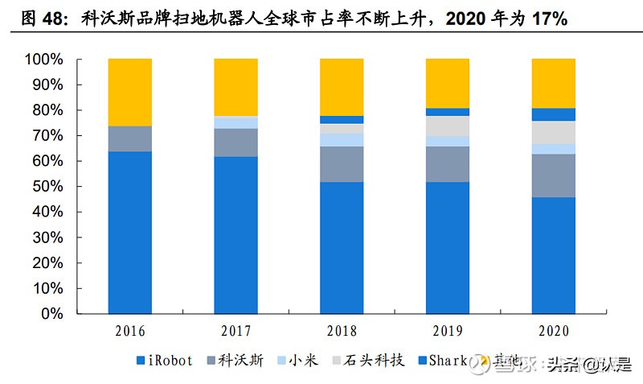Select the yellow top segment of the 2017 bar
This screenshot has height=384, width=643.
pyautogui.click(x=235, y=87)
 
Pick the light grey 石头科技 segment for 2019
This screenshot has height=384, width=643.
pyautogui.click(x=448, y=126)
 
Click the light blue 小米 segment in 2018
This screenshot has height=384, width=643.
pyautogui.click(x=342, y=140)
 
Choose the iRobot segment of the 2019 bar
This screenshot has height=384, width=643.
pyautogui.click(x=448, y=247)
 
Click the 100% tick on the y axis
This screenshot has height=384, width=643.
pyautogui.click(x=44, y=60)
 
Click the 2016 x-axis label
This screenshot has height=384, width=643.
pyautogui.click(x=129, y=331)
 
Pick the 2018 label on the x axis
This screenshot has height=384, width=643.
pyautogui.click(x=342, y=331)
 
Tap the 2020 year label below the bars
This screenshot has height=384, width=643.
pyautogui.click(x=553, y=331)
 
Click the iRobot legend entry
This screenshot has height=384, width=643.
pyautogui.click(x=166, y=360)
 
